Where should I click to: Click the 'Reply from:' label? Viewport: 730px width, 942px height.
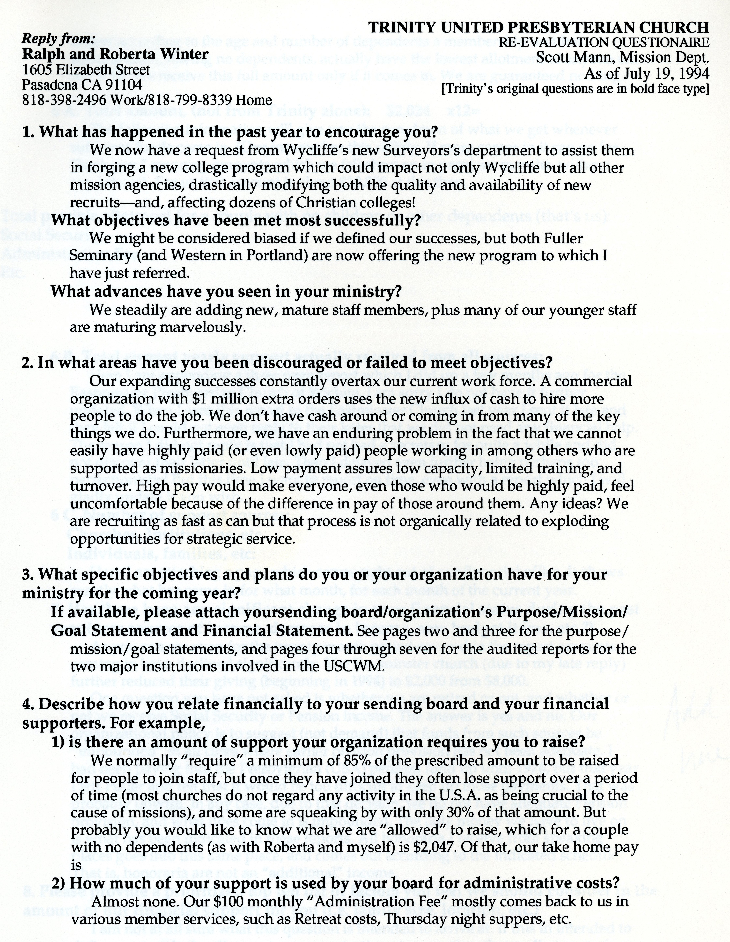pos(58,39)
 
